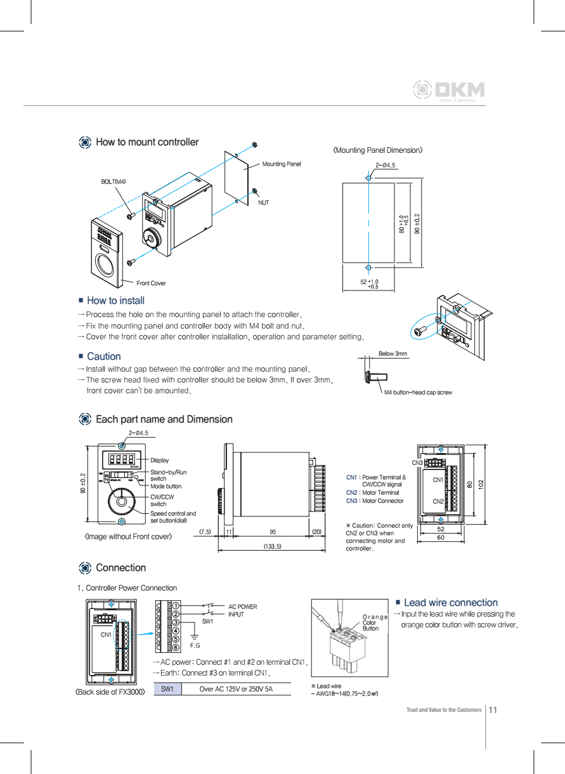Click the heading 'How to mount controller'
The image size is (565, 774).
click(146, 142)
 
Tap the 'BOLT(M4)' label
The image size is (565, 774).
click(114, 181)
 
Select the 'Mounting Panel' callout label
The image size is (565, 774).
click(282, 164)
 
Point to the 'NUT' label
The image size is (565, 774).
click(263, 202)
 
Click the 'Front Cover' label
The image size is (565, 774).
click(151, 283)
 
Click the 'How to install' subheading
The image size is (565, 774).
click(115, 301)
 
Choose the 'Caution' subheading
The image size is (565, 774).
click(103, 357)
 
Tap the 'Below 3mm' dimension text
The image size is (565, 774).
click(393, 353)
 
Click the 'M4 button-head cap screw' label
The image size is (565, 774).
click(418, 393)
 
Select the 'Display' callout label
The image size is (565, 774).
click(160, 460)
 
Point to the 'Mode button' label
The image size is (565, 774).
click(166, 487)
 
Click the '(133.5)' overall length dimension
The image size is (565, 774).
click(272, 546)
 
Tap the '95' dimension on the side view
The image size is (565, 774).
click(272, 531)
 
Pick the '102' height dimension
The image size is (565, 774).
click(481, 484)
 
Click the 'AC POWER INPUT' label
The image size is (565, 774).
click(242, 610)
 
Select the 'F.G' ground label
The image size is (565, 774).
click(195, 645)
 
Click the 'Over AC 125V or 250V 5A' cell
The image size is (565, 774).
click(235, 689)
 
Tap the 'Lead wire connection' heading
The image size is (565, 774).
click(450, 603)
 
